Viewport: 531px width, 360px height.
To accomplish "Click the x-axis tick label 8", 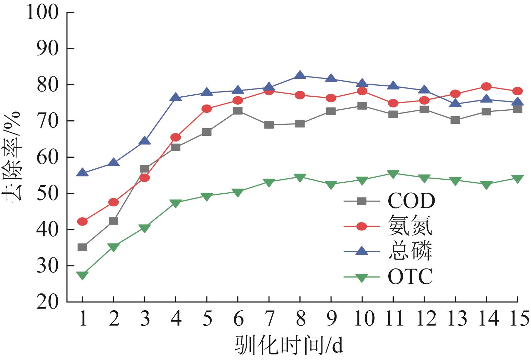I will point(300,319).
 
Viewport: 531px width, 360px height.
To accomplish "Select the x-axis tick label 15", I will point(517,319).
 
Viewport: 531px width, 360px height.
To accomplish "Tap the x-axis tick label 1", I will point(82,319).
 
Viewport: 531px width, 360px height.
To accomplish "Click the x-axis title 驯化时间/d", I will point(289,345).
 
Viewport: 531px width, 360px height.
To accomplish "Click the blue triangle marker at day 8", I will point(300,75).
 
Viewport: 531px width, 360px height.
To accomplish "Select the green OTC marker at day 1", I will point(82,275).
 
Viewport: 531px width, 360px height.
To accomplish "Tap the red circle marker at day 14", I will point(486,86).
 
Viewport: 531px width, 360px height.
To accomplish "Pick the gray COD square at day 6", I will point(238,111).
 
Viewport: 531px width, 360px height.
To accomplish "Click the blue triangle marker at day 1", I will point(82,173).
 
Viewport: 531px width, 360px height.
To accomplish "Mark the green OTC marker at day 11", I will point(393,174).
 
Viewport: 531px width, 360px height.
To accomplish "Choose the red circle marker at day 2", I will point(114,202).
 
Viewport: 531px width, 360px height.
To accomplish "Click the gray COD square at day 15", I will point(517,109).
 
